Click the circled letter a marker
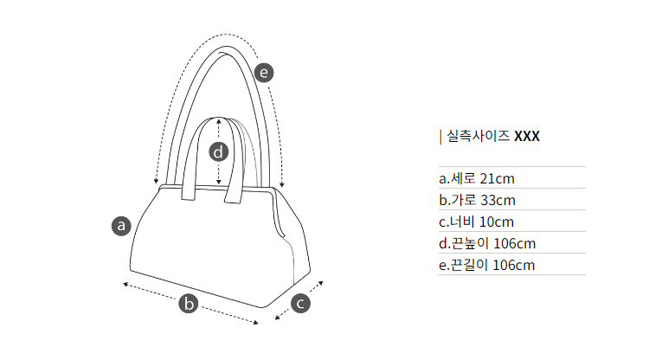pyautogui.click(x=122, y=226)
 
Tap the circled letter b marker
pyautogui.click(x=189, y=304)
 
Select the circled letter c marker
pyautogui.click(x=300, y=304)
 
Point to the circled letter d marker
pyautogui.click(x=219, y=152)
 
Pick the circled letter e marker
pyautogui.click(x=264, y=72)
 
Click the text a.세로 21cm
pyautogui.click(x=477, y=179)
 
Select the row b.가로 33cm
pyautogui.click(x=477, y=201)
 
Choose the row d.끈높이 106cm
pyautogui.click(x=487, y=243)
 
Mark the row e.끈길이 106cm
pyautogui.click(x=487, y=265)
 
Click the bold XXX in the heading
pyautogui.click(x=527, y=136)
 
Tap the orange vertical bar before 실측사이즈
pyautogui.click(x=440, y=136)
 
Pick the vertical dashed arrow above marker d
pyautogui.click(x=219, y=130)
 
